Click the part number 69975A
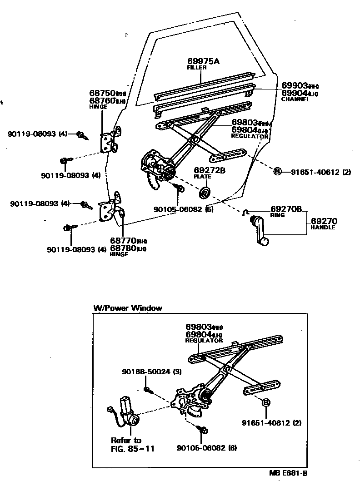(203, 61)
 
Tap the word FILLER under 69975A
(197, 68)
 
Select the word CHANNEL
(295, 99)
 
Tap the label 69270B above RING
(286, 209)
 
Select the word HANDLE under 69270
(323, 227)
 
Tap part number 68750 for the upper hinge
(102, 93)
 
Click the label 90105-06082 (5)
(183, 209)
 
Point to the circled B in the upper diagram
(277, 171)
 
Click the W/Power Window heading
(127, 307)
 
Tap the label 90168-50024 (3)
(151, 372)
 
